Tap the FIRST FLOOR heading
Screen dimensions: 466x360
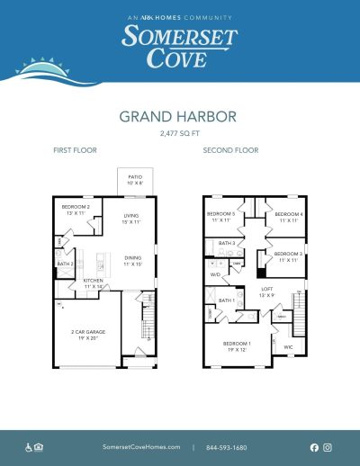click(75, 150)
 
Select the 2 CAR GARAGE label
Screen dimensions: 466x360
click(85, 334)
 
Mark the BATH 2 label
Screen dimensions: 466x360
click(65, 264)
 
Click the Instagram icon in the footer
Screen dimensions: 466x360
click(328, 447)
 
